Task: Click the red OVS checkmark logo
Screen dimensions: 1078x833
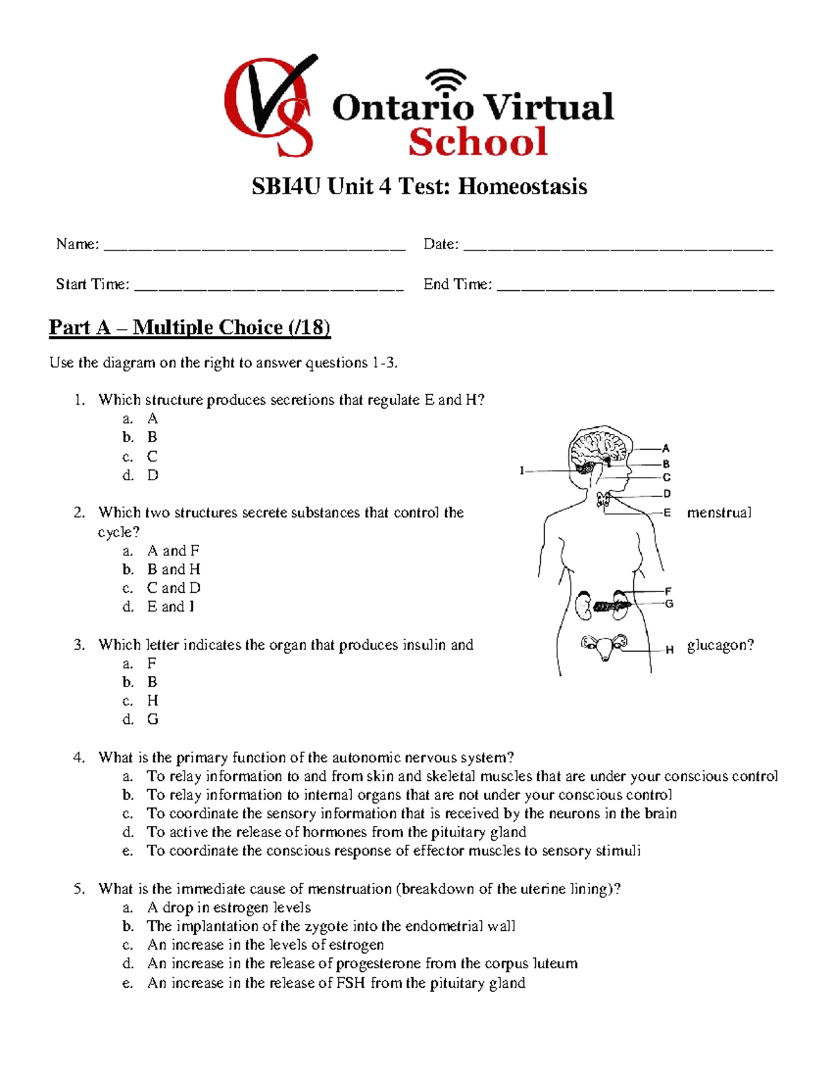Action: (x=269, y=106)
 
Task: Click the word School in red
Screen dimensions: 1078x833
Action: (x=478, y=142)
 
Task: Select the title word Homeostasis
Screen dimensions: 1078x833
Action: (x=522, y=187)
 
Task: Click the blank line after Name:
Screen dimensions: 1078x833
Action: (x=253, y=246)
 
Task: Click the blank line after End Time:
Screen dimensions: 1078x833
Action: (x=634, y=286)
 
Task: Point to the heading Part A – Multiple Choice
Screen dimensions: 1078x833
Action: (x=190, y=327)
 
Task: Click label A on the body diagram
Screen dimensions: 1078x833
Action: (x=666, y=448)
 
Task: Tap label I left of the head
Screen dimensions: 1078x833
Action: (x=521, y=471)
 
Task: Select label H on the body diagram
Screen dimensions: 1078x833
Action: (x=669, y=650)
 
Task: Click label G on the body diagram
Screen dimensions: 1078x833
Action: (x=669, y=604)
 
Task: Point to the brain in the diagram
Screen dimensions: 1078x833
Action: (x=598, y=448)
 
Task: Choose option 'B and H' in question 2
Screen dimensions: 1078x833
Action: (x=174, y=569)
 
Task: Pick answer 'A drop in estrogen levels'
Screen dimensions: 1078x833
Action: (x=228, y=908)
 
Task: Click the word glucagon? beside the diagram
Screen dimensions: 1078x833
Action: (x=720, y=646)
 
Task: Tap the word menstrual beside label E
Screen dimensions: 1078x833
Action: (x=718, y=513)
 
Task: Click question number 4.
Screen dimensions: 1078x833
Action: (x=79, y=757)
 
